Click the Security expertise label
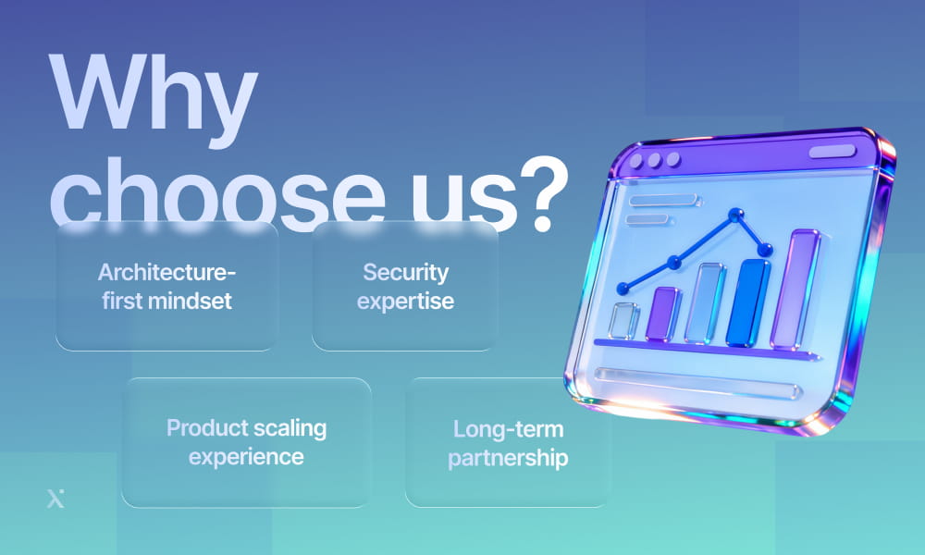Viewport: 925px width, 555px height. [x=405, y=287]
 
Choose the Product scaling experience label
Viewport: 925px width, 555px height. [x=246, y=442]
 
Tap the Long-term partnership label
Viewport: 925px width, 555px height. [x=508, y=443]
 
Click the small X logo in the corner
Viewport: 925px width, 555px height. [x=55, y=499]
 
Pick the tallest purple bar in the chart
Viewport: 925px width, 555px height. [x=795, y=289]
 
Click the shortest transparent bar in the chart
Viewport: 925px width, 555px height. [x=625, y=320]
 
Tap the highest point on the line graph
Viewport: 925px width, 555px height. [x=735, y=216]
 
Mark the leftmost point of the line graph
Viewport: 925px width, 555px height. [x=623, y=288]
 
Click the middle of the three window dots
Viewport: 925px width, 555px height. [x=653, y=159]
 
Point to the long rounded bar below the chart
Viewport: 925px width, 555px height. [x=698, y=381]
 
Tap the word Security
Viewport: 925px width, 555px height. [x=405, y=273]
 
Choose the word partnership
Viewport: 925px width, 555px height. [x=508, y=457]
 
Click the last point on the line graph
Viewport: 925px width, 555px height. [x=765, y=250]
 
